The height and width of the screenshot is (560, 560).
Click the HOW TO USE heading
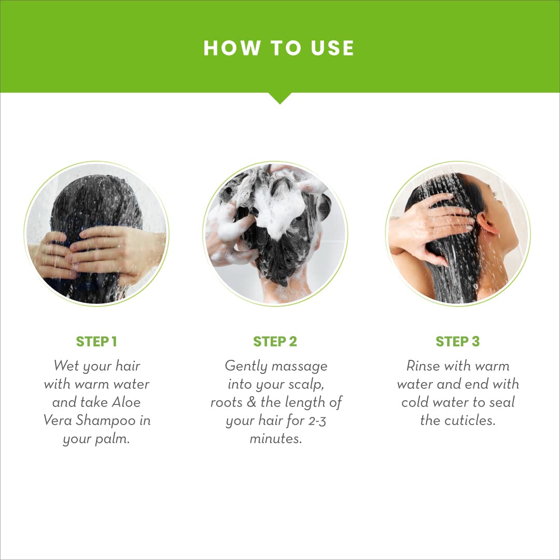point(278,48)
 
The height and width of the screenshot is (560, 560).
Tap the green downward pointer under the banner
point(279,98)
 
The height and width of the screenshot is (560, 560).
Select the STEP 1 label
point(96,341)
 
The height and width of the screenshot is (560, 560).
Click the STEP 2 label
point(275,341)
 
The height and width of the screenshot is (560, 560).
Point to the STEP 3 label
point(457,341)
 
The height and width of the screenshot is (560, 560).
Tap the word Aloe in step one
point(126,402)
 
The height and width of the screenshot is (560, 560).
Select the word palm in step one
point(112,439)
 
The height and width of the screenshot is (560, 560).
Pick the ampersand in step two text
point(251,402)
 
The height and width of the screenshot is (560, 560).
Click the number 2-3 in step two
point(317,421)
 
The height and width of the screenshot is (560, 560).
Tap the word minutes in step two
point(276,439)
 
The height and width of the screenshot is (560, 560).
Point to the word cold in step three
point(414,402)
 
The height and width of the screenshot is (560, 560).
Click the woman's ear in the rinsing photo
point(486,224)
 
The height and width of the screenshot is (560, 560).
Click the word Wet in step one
point(66,366)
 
